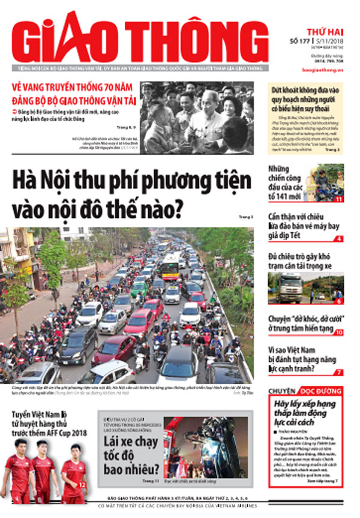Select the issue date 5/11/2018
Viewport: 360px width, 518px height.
click(x=328, y=41)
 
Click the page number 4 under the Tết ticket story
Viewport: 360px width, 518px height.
click(x=339, y=239)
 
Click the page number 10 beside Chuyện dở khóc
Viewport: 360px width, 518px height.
click(x=338, y=332)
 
